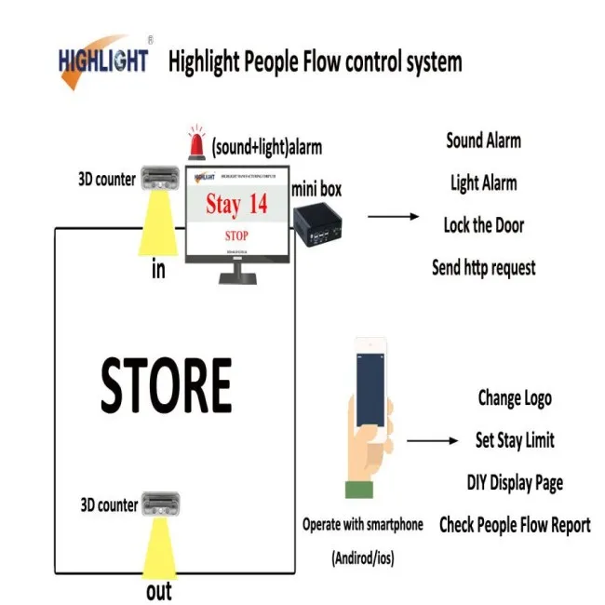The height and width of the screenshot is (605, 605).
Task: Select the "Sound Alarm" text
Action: point(483,141)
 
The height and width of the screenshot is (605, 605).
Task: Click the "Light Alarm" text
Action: point(483,182)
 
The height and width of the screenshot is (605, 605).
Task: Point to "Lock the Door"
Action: point(483,224)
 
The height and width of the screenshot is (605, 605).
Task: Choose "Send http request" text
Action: point(483,267)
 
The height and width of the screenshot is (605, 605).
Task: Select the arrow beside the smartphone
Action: point(432,441)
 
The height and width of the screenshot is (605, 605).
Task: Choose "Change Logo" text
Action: point(514,397)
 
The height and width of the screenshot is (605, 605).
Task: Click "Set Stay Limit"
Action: point(514,440)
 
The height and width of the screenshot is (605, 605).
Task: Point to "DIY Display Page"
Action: point(514,482)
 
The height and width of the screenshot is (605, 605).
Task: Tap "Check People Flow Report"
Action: point(514,525)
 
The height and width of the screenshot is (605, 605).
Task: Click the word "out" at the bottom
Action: point(159,592)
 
